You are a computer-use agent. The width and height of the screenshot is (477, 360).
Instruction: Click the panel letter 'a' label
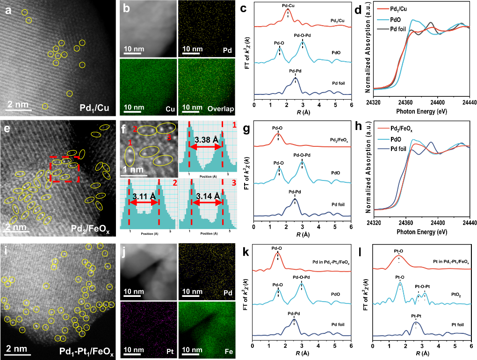[8, 8]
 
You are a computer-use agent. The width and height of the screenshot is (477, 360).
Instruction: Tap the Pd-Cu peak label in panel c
[288, 5]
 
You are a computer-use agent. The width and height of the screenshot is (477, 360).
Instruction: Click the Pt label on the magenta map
[169, 350]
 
